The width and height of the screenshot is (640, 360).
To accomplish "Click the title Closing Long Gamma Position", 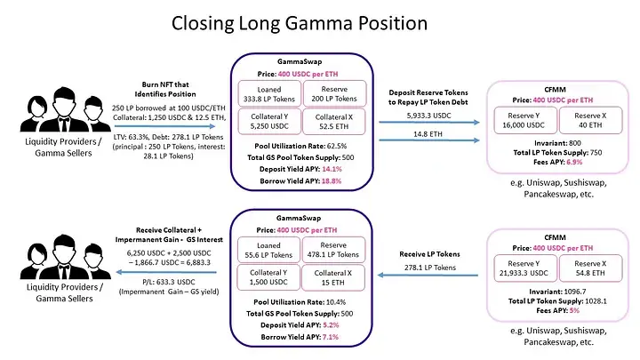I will [318, 24].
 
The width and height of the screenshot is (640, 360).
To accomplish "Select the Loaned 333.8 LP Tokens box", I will [265, 92].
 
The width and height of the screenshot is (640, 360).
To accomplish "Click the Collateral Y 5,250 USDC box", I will [265, 122].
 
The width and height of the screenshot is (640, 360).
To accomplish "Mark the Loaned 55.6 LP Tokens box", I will [265, 252].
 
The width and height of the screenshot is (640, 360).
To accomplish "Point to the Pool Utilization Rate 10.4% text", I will [298, 303].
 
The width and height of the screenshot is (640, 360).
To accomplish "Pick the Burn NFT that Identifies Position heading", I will [168, 85].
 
